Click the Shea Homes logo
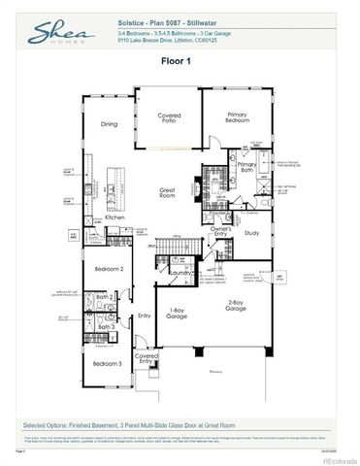coord(50,34)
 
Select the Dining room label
coord(110,124)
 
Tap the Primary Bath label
coord(246,168)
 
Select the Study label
coord(250,233)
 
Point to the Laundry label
coord(177,274)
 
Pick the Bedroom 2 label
coord(109,268)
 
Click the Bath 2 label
coord(106,298)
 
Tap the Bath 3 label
coord(106,327)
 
